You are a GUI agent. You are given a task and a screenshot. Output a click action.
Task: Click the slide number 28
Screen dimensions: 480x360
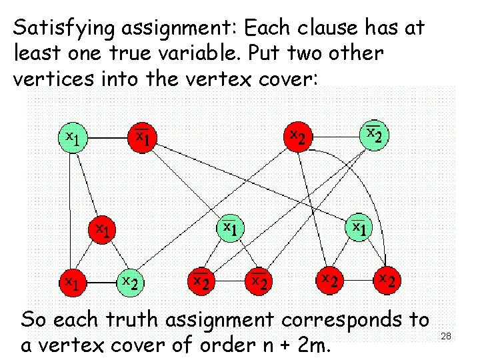pyautogui.click(x=446, y=337)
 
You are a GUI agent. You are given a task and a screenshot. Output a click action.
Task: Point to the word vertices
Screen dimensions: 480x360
pyautogui.click(x=50, y=78)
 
